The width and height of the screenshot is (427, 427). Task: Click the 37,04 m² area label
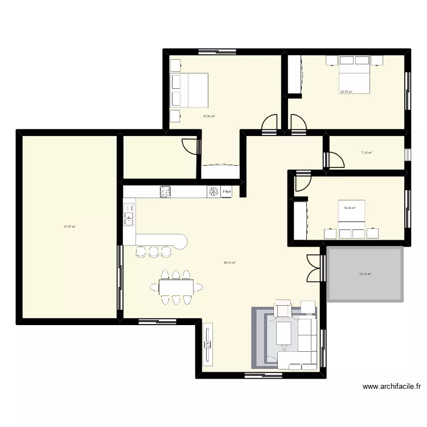[208, 116]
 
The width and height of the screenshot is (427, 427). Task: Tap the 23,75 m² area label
[346, 92]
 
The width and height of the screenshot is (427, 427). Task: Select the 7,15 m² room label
[366, 153]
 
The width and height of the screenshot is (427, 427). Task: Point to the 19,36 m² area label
[349, 208]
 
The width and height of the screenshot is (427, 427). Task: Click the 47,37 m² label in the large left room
[69, 227]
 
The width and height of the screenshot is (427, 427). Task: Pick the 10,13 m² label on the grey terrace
[365, 274]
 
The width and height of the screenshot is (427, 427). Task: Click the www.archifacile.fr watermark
[392, 387]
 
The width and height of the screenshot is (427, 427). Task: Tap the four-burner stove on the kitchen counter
[166, 192]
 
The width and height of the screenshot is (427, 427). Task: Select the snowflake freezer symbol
[213, 192]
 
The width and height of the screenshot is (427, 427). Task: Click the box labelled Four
[227, 192]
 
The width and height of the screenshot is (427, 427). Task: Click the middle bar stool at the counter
[153, 251]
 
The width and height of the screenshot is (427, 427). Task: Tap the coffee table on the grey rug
[284, 332]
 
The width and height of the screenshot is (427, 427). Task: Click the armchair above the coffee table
[283, 310]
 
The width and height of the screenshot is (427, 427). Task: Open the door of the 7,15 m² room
[334, 160]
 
